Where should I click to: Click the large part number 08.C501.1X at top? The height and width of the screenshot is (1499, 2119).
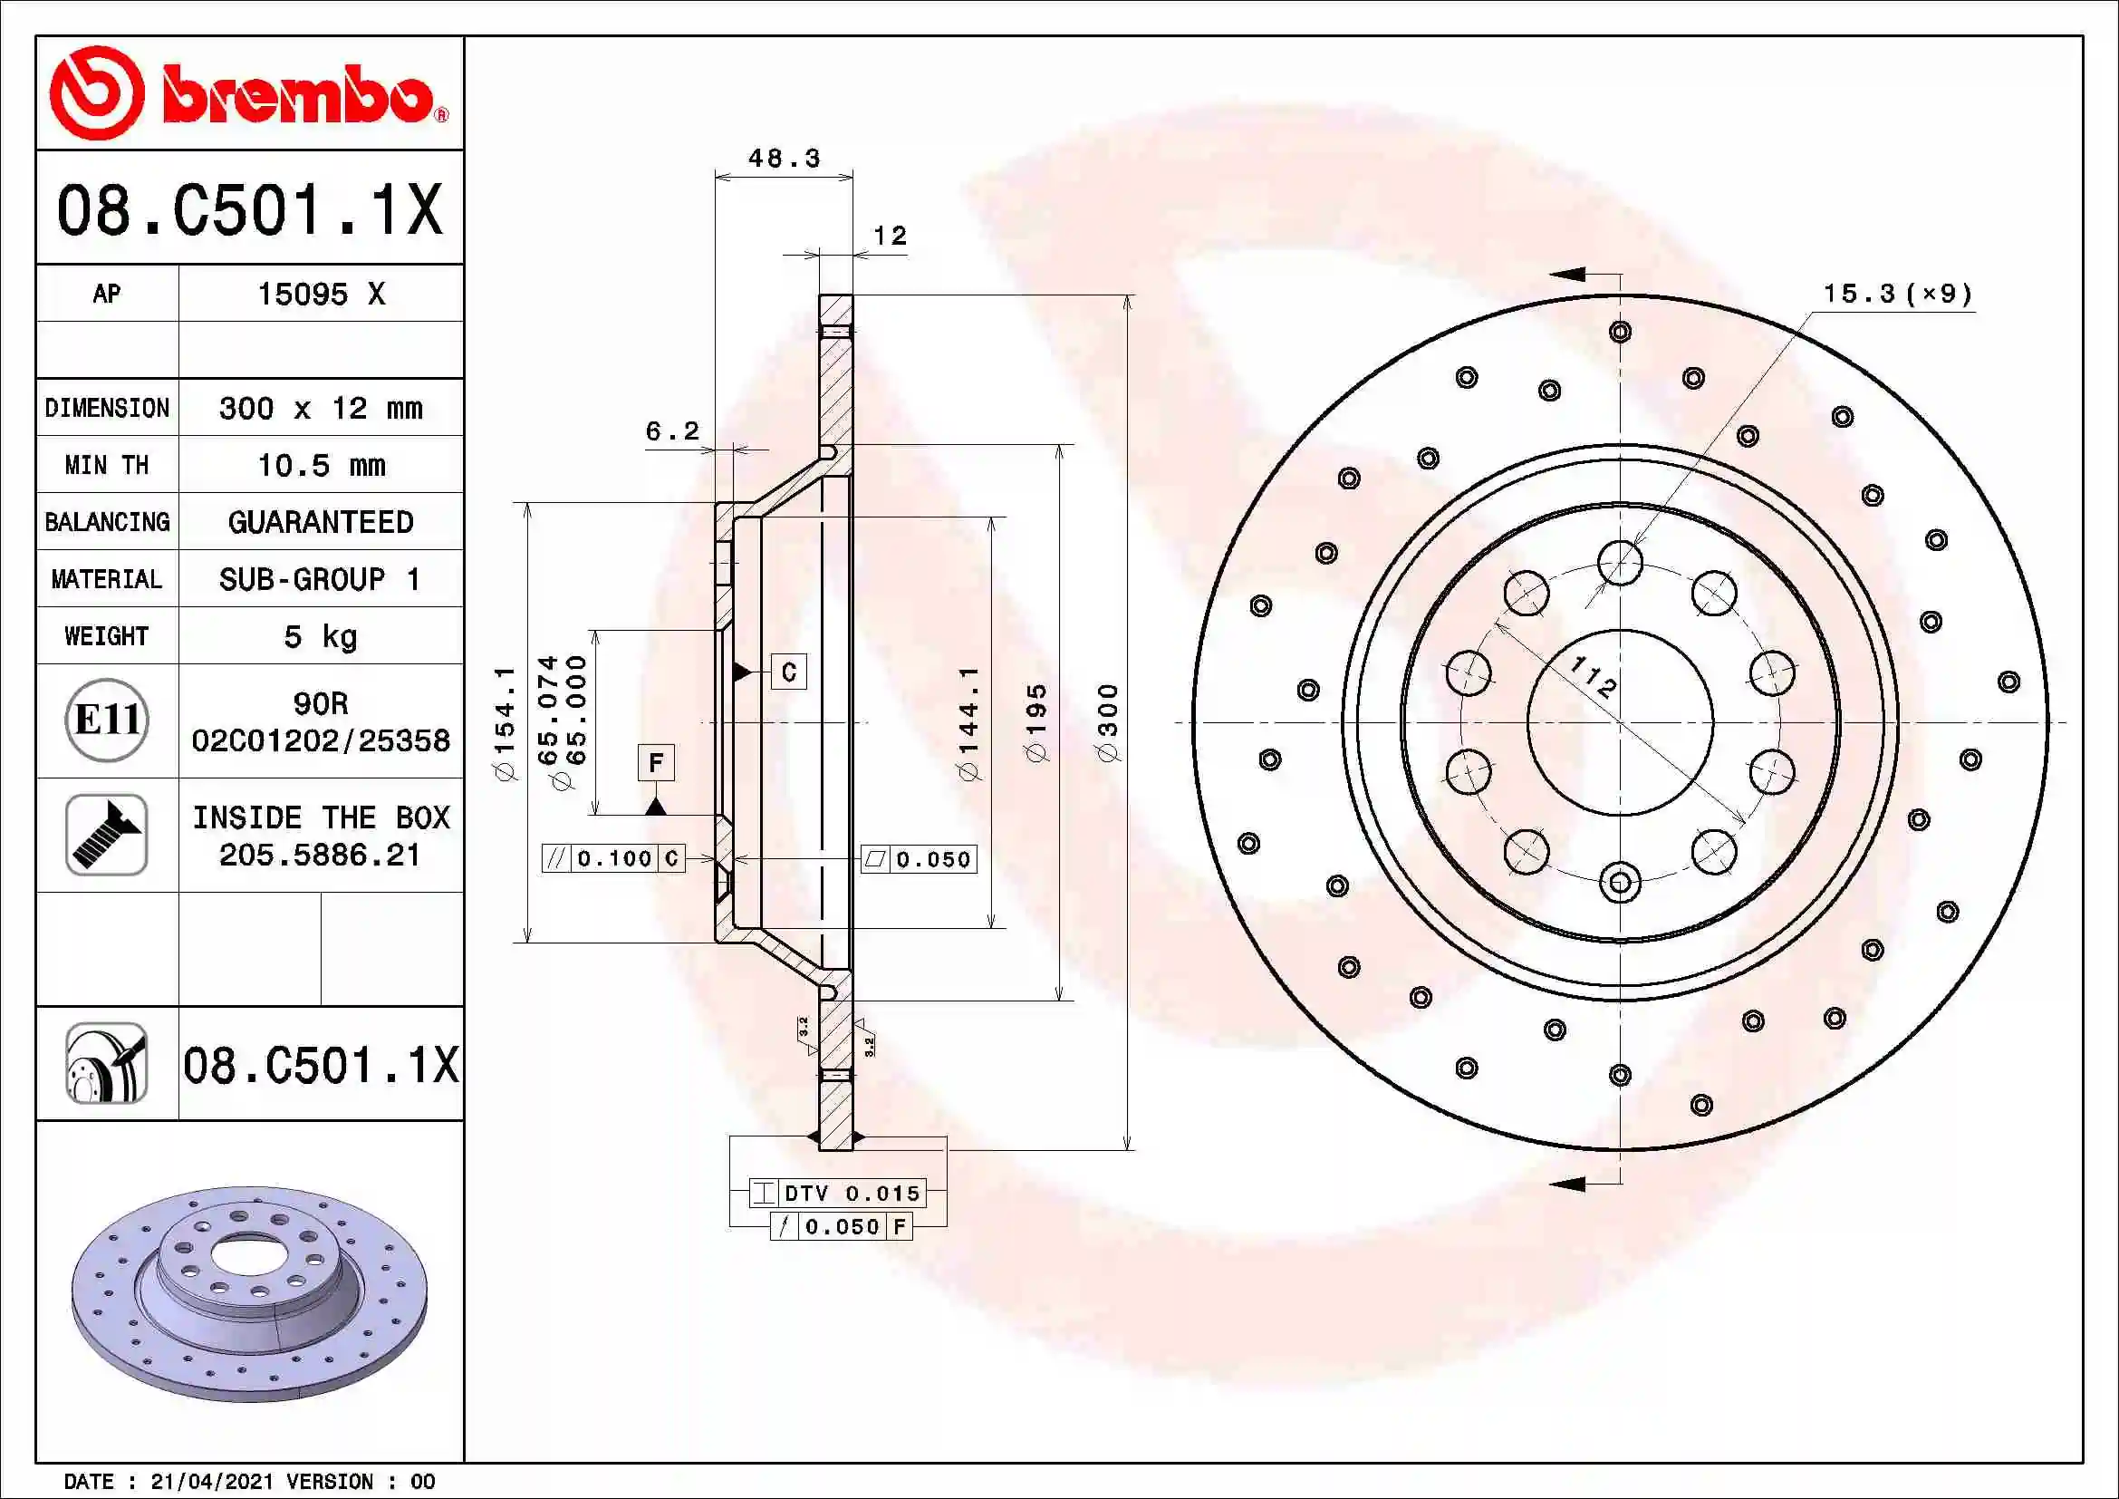249,209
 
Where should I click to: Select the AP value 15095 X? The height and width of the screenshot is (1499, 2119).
320,295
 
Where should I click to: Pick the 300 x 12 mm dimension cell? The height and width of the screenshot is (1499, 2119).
320,408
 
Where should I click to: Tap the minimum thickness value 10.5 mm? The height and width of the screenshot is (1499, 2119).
320,465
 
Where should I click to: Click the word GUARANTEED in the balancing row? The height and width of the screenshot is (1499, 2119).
320,522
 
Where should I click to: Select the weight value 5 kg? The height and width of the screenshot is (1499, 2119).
320,636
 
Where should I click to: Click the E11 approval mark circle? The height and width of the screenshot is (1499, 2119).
107,720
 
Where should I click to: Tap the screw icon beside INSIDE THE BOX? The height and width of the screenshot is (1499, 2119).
107,835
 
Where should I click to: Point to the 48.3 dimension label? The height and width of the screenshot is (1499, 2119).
784,159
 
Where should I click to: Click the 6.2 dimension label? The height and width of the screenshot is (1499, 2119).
672,431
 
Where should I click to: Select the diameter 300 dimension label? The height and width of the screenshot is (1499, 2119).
1108,722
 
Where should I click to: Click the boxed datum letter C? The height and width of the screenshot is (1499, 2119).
789,672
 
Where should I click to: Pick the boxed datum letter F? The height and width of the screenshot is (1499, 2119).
655,762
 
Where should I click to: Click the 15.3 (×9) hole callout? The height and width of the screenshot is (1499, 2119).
1898,295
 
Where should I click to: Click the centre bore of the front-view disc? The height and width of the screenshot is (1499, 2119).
1620,722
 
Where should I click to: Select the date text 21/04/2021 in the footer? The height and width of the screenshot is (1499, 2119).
211,1482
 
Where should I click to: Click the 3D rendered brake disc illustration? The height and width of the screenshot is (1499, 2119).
249,1292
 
